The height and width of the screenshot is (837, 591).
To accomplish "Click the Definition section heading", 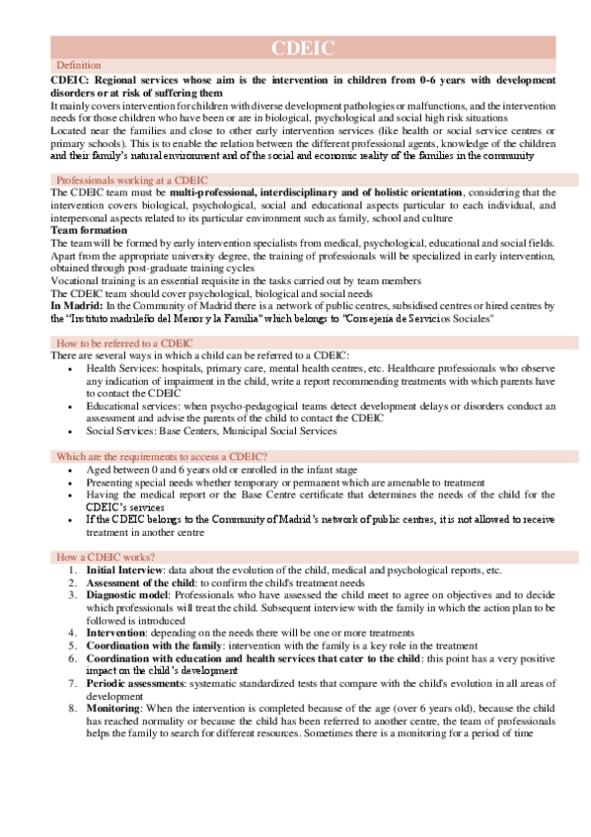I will tap(79, 65).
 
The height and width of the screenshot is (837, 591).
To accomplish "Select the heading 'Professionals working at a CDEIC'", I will tap(127, 181).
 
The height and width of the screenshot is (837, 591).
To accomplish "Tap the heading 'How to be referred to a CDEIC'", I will tap(118, 342).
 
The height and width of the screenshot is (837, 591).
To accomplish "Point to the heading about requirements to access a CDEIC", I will tap(161, 456).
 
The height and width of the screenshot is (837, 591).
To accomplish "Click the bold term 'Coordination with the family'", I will tap(159, 647).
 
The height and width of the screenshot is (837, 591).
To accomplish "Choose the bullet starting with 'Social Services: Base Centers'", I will tap(211, 430).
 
